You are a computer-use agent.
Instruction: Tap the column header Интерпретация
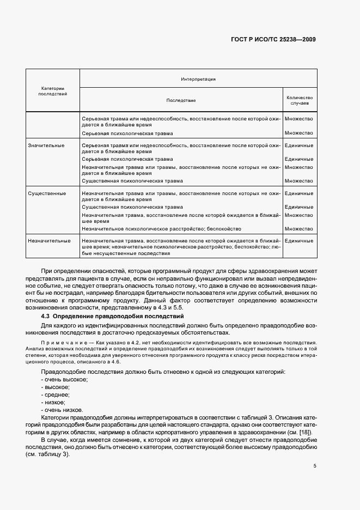pyautogui.click(x=198, y=79)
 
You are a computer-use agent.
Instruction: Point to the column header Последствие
pyautogui.click(x=181, y=100)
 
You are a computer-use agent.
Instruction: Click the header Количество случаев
pyautogui.click(x=299, y=100)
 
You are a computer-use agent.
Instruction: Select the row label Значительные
pyautogui.click(x=46, y=145)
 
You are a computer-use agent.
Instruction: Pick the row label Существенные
pyautogui.click(x=47, y=193)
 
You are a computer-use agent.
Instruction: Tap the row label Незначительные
pyautogui.click(x=49, y=240)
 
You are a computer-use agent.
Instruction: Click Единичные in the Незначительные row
pyautogui.click(x=298, y=240)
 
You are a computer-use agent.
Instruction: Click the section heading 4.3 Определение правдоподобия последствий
pyautogui.click(x=112, y=317)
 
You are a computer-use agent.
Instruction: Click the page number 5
pyautogui.click(x=314, y=466)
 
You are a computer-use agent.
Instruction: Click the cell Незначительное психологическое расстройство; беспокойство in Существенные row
pyautogui.click(x=161, y=229)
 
